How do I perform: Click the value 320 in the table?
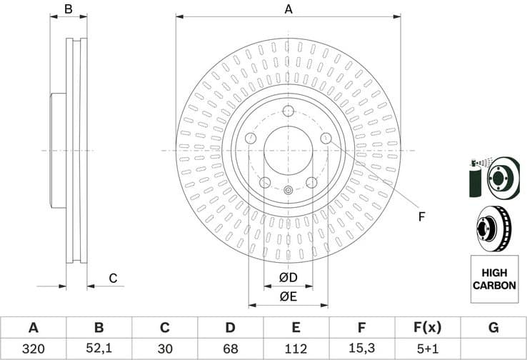33,349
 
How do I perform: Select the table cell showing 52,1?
99,349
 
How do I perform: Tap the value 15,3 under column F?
361,349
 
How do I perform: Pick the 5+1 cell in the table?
427,349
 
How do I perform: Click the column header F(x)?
427,328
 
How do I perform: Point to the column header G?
493,328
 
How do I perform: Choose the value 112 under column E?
296,349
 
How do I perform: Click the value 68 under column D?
230,349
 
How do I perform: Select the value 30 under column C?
164,349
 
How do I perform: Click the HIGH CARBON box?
493,279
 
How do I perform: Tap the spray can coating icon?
476,179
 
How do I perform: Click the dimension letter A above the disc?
288,9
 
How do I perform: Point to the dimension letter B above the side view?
69,9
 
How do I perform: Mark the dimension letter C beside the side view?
112,278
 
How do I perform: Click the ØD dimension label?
288,277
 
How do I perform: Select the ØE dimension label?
288,296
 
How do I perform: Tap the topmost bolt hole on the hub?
288,111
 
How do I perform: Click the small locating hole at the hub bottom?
288,190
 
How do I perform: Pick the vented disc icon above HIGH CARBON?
493,228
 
